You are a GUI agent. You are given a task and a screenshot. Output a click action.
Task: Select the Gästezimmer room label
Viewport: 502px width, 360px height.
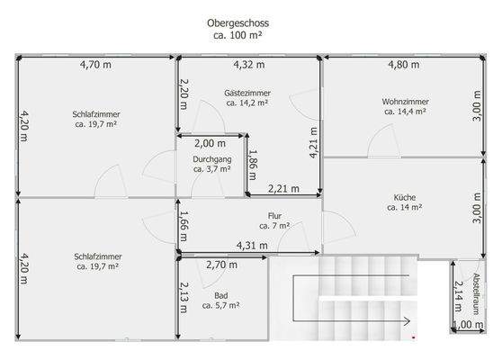coord(248,92)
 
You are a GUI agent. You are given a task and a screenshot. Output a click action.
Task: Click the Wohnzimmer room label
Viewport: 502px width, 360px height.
coord(405,101)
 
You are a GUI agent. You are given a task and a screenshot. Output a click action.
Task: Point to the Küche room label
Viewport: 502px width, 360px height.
coord(405,196)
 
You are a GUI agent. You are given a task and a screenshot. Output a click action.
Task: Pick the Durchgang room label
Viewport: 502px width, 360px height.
coord(211,158)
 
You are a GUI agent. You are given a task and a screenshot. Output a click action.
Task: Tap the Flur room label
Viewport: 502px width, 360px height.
coord(275,215)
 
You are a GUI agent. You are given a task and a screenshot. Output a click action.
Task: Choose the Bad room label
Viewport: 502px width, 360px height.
coord(220,295)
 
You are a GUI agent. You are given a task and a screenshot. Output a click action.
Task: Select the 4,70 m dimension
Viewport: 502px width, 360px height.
coord(95,65)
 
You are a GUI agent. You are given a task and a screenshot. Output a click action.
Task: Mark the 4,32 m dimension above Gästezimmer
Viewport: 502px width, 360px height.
coord(249,65)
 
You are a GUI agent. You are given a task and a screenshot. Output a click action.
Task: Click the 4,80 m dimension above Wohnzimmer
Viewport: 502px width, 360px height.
coord(403,65)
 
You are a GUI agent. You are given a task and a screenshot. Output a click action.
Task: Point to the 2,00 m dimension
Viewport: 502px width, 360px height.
coord(211,143)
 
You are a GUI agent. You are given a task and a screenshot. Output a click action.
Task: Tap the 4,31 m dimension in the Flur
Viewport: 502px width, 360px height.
coord(251,245)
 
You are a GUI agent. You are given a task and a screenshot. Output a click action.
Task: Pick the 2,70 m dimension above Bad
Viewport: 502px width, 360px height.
coord(221,265)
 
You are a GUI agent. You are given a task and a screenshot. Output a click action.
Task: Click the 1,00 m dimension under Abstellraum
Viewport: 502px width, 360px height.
coord(467,325)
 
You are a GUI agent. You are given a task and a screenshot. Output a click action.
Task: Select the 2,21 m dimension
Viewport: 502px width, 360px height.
coord(284,188)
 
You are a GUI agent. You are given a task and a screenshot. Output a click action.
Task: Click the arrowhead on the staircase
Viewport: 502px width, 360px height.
coord(408,320)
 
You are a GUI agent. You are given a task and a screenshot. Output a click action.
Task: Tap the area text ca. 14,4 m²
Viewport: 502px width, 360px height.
coord(405,112)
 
